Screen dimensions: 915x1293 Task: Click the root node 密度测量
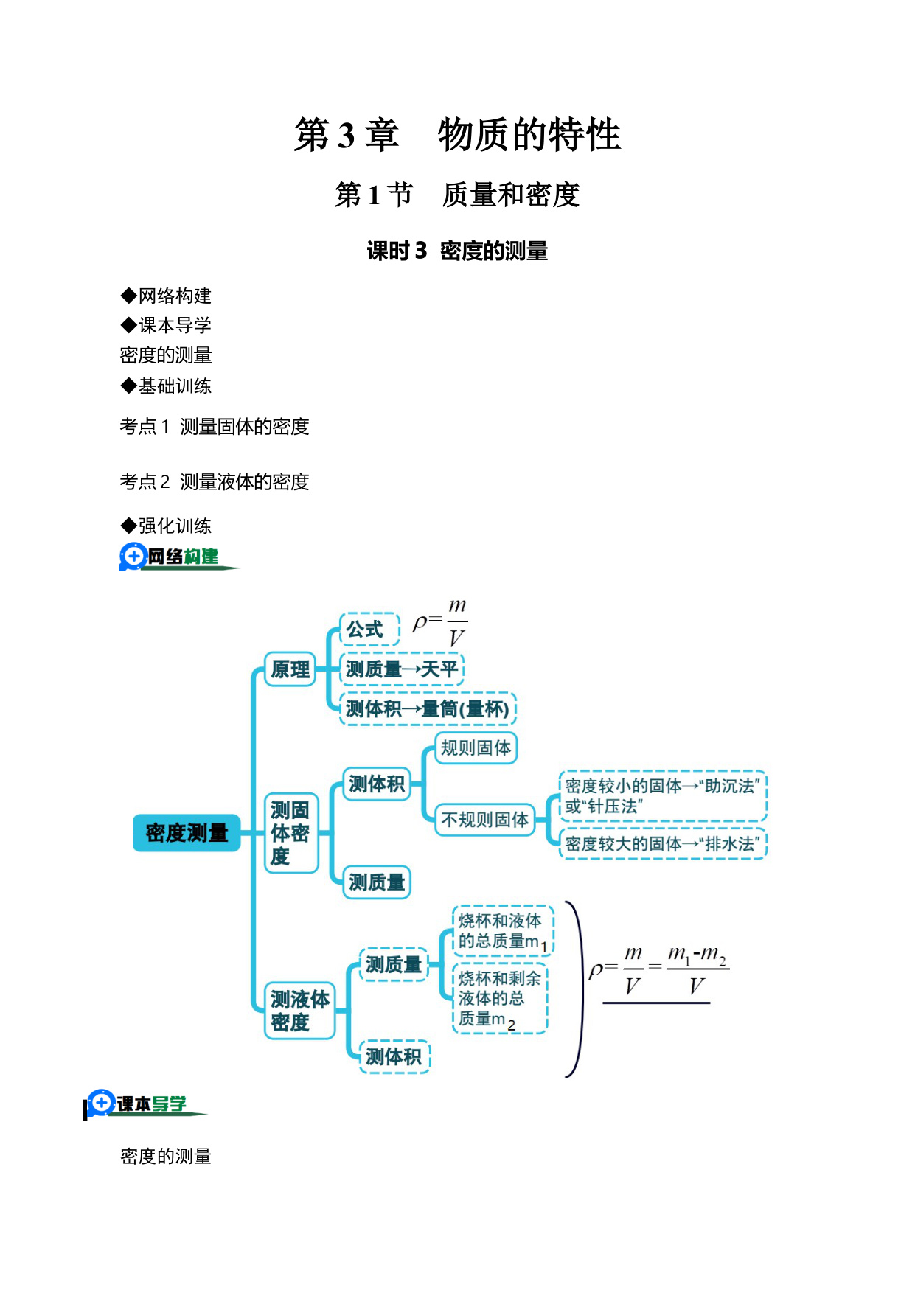187,833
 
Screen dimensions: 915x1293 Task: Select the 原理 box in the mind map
290,669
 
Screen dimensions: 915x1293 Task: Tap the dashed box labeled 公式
369,630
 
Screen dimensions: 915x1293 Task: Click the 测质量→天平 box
401,669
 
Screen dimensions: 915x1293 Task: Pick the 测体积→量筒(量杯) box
428,709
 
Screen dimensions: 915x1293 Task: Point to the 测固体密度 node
290,833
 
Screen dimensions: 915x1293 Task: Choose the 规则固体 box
476,748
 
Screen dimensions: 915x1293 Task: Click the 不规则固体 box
484,819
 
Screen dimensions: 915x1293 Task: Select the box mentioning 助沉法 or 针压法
663,796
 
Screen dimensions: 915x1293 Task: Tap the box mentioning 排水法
663,844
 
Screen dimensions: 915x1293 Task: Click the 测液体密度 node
299,1011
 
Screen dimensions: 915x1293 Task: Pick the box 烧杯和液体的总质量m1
502,931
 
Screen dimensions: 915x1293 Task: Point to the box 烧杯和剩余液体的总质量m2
500,999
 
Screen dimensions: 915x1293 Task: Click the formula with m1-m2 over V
659,972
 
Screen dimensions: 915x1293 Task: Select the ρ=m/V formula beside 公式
440,624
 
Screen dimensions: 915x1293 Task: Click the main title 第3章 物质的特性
457,135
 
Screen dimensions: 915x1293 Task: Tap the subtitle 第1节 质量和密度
457,195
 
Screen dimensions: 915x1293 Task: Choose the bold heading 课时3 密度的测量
457,251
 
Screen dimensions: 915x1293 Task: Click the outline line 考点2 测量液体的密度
215,482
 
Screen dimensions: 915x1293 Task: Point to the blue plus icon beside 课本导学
102,1103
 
